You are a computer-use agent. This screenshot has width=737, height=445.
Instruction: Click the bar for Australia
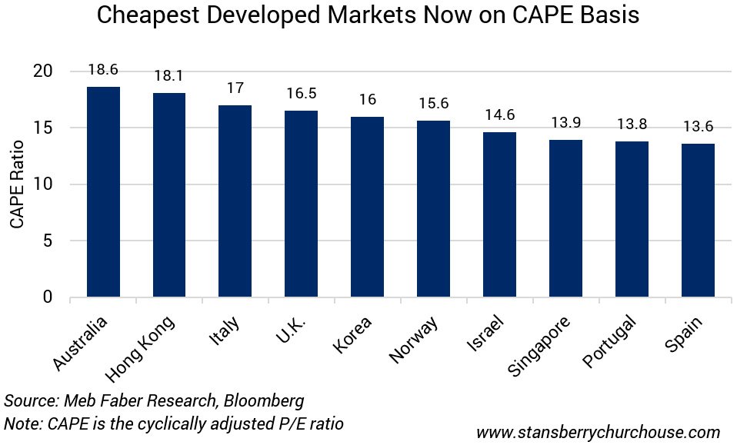click(x=103, y=192)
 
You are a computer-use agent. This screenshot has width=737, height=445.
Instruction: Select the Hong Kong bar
click(x=169, y=194)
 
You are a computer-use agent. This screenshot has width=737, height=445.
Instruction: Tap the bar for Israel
click(x=499, y=214)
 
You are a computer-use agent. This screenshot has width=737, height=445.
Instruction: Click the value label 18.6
click(x=103, y=70)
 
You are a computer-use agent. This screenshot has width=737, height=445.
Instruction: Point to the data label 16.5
click(x=301, y=94)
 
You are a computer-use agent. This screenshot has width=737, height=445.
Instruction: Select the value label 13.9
click(x=565, y=123)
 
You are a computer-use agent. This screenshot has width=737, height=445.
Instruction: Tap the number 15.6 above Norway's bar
click(x=433, y=104)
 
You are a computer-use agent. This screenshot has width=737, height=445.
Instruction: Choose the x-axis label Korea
click(x=355, y=335)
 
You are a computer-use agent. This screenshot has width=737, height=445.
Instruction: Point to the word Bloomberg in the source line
click(x=263, y=401)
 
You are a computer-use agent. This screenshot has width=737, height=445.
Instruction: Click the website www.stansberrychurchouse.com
click(x=598, y=432)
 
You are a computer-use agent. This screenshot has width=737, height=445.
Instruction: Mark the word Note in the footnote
click(x=22, y=423)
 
